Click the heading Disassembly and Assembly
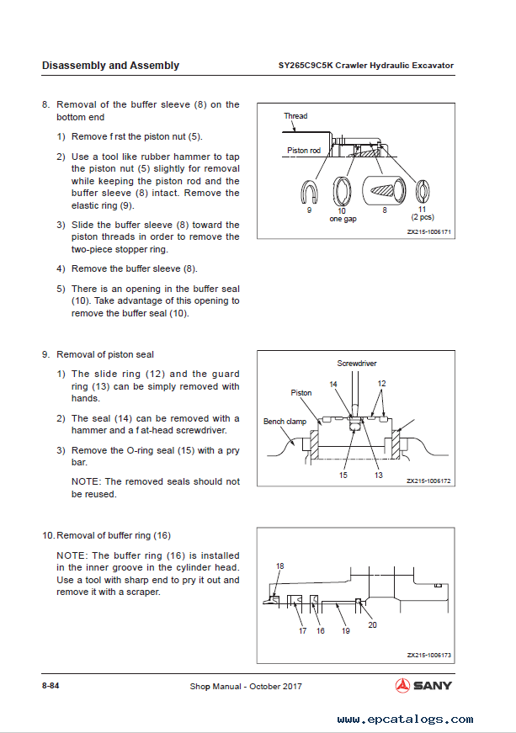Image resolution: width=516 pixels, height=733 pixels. (110, 66)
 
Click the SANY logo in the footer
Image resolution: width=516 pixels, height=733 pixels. (424, 685)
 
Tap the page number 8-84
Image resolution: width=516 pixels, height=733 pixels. (51, 686)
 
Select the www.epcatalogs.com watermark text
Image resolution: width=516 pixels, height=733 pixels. (405, 720)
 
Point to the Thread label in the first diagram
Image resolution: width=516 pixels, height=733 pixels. (295, 116)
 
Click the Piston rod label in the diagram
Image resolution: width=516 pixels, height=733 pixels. (303, 151)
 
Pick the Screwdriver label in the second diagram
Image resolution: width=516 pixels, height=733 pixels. (357, 364)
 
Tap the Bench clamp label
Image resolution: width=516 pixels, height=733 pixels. (285, 422)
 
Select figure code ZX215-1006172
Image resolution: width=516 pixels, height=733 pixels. (429, 481)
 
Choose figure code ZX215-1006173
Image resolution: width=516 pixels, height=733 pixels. (429, 655)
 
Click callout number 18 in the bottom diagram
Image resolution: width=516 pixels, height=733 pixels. (280, 566)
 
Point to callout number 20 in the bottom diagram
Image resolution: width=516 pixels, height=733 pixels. (372, 624)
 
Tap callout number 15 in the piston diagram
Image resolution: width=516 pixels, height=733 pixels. (343, 475)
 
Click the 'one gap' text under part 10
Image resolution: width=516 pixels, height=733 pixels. (343, 218)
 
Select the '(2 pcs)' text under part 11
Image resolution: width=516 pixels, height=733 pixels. (422, 218)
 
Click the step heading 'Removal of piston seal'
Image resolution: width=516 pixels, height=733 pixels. (105, 354)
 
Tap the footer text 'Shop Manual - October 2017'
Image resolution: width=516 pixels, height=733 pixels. (246, 686)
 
